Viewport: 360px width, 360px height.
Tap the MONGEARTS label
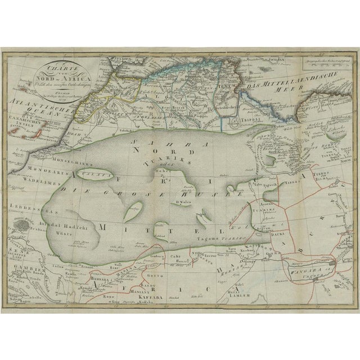[x=34, y=168]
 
